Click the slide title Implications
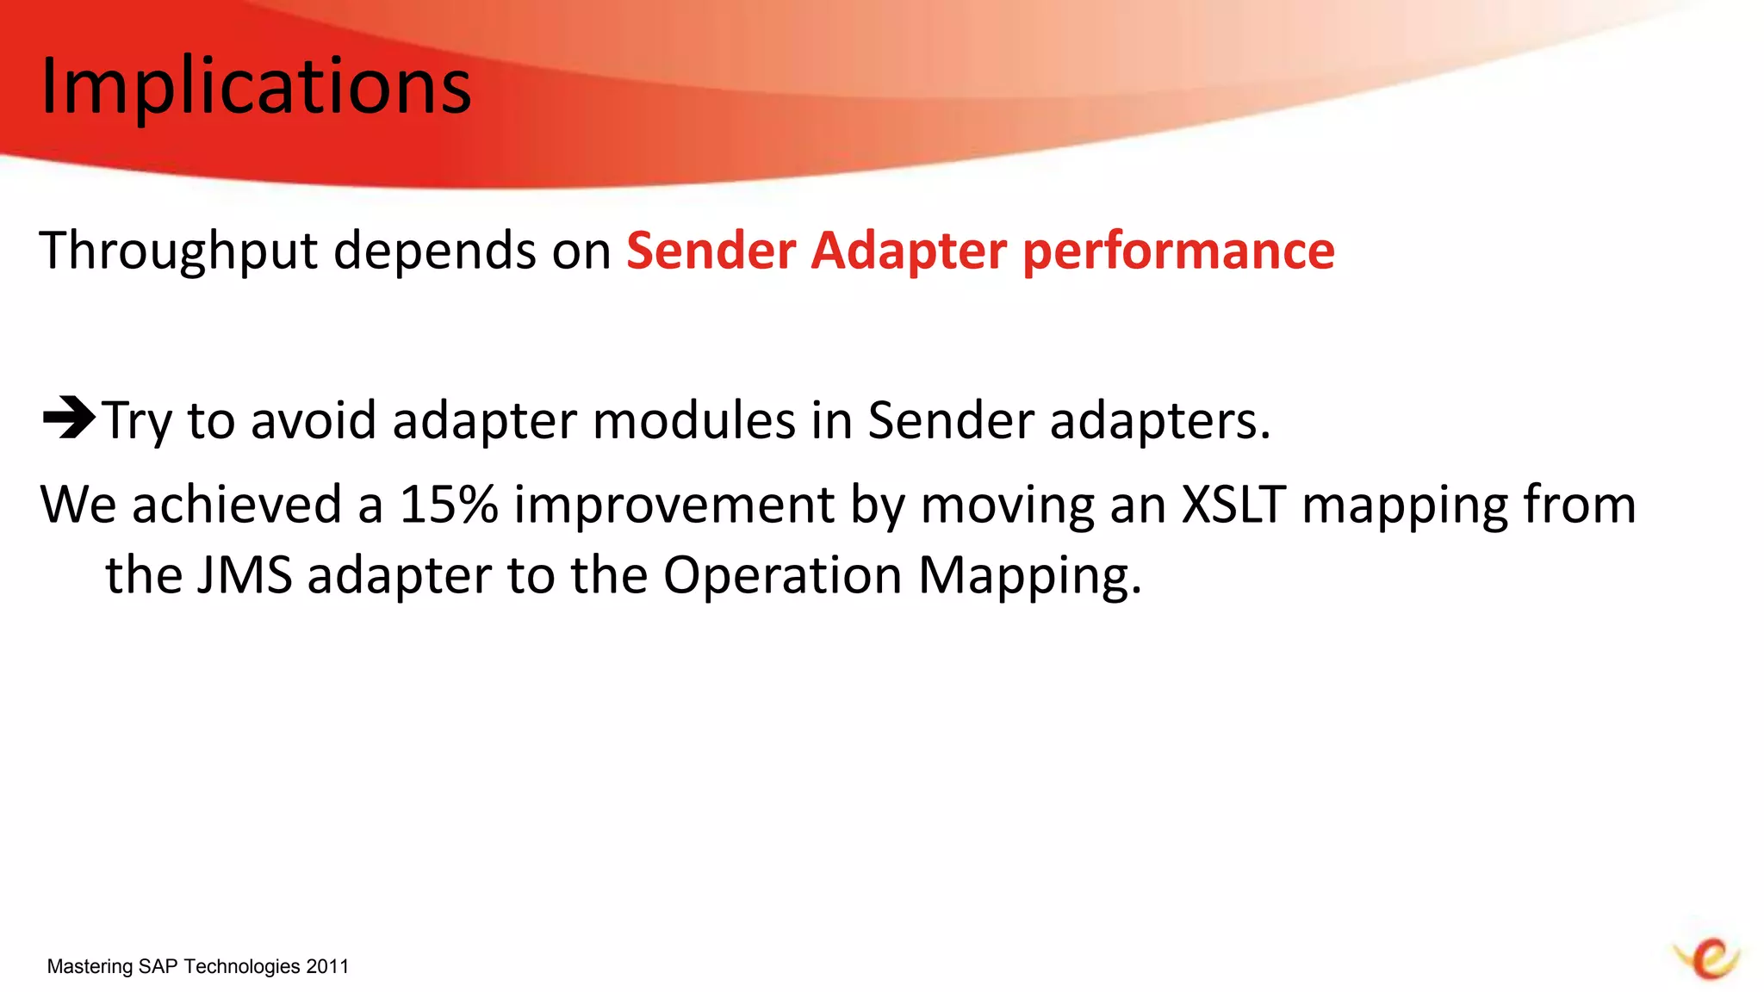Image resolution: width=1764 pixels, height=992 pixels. [x=256, y=86]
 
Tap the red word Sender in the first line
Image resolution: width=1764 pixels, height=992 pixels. [x=711, y=251]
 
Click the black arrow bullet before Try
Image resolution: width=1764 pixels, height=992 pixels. [x=69, y=418]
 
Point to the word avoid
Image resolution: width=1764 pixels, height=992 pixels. [x=314, y=421]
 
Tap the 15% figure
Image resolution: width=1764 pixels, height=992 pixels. [x=448, y=504]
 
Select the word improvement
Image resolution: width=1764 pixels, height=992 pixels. [x=674, y=504]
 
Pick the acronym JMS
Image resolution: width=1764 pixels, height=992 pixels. [x=245, y=574]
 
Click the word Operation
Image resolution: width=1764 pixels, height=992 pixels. [x=782, y=574]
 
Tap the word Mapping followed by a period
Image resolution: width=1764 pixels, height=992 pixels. [x=1029, y=574]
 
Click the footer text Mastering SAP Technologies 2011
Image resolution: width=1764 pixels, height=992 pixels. [x=197, y=966]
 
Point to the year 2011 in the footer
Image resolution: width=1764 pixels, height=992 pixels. [x=327, y=966]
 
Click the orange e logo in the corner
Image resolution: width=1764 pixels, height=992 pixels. [x=1709, y=958]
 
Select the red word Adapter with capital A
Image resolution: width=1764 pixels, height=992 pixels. [x=909, y=251]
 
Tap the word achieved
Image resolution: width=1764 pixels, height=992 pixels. [x=237, y=504]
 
